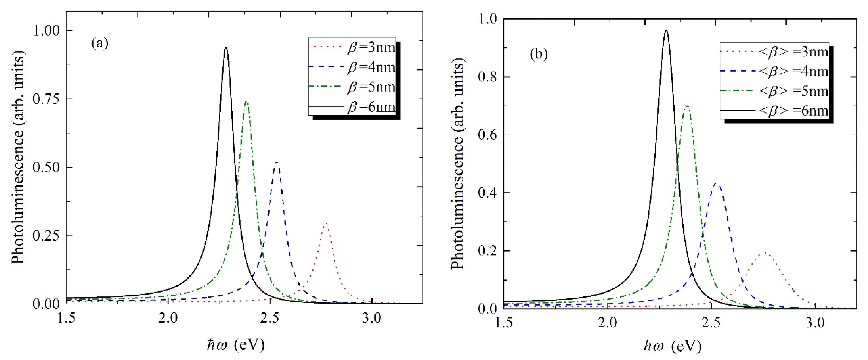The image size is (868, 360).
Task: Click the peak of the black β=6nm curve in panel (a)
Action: (226, 47)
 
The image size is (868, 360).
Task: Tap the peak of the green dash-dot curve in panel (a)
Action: (246, 101)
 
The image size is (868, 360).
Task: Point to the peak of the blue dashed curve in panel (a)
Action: (277, 162)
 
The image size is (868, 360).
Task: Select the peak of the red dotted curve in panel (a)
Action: (326, 223)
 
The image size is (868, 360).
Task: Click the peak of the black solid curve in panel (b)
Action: (666, 31)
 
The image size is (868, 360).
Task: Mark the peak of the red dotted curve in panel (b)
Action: (765, 252)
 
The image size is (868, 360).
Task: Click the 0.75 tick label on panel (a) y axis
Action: (46, 99)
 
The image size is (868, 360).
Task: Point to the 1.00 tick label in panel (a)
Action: (46, 31)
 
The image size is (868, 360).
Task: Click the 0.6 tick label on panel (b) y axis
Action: (487, 135)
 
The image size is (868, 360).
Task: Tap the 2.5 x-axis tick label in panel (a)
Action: (270, 318)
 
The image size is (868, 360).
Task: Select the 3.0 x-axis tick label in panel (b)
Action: (815, 323)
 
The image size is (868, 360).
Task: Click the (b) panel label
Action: (539, 54)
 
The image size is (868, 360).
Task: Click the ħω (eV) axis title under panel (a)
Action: (236, 345)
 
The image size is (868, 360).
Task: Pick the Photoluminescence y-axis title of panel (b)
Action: (458, 164)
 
